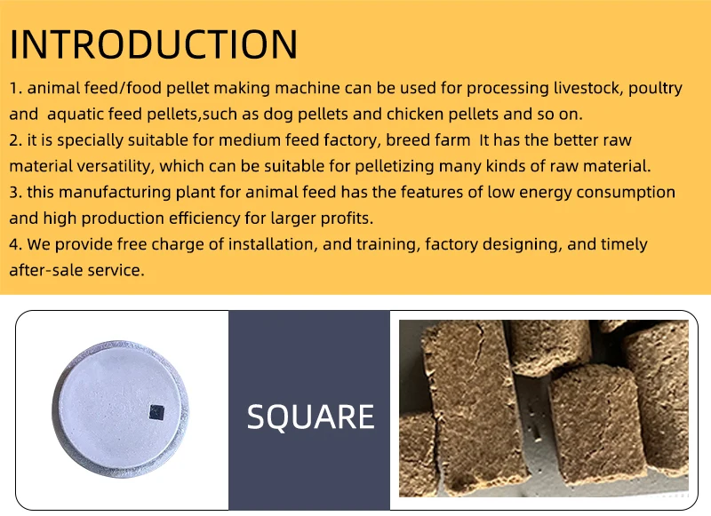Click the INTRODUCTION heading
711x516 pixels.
(x=154, y=44)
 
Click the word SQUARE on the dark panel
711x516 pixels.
(x=310, y=417)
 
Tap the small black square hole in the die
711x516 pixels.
(x=156, y=410)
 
